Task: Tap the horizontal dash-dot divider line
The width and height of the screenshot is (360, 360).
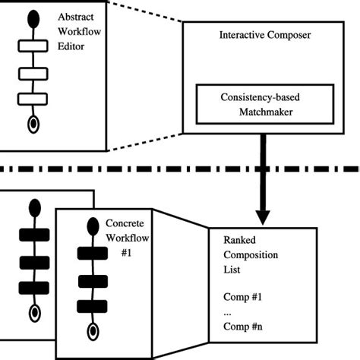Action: [152, 168]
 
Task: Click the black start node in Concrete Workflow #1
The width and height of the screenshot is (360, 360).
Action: [93, 226]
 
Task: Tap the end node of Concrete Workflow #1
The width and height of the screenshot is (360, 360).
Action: [93, 330]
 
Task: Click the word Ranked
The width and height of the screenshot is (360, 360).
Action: [239, 239]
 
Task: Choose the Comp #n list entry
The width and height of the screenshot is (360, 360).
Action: [243, 328]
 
